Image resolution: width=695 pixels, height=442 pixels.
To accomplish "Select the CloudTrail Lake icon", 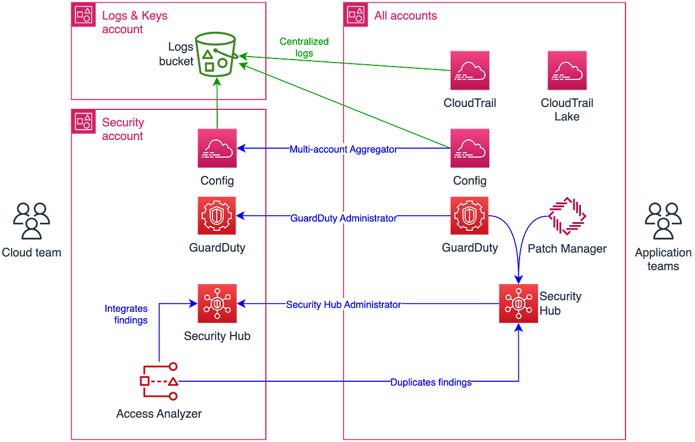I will tap(566, 70).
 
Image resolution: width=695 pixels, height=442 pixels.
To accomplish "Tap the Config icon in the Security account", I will tap(217, 148).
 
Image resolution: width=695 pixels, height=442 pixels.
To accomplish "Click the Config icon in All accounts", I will tap(470, 148).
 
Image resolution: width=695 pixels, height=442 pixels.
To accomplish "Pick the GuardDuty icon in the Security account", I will tap(217, 216).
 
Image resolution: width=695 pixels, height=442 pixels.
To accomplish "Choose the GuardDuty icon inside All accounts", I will tap(470, 216).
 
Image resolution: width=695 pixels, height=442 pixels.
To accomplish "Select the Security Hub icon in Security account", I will tap(217, 304).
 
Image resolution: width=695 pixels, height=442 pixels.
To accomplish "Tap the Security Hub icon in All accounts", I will tap(518, 304).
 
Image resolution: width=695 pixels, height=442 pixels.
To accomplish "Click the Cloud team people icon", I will tap(31, 220).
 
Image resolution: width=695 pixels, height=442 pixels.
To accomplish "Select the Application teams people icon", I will tap(663, 220).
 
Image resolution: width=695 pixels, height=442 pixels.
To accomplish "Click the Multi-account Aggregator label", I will tap(344, 149).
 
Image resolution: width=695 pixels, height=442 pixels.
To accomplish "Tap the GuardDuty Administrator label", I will tap(344, 218).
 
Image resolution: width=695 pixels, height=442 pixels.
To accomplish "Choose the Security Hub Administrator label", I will tap(344, 304).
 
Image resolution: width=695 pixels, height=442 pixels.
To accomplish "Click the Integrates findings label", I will tap(126, 314).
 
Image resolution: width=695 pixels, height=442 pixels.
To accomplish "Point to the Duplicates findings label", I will tap(431, 382).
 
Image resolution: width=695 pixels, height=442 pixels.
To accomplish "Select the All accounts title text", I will tap(405, 16).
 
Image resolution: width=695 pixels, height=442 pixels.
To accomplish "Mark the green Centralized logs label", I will tap(303, 47).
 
